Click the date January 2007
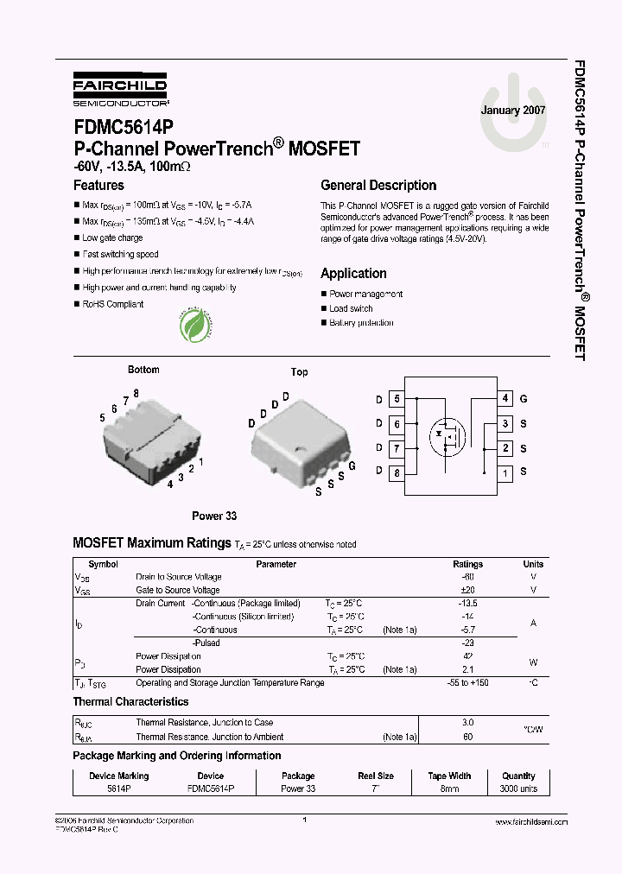tap(513, 111)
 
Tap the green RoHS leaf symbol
tap(197, 326)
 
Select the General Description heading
tap(378, 185)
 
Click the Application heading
tap(353, 273)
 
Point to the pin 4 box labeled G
tap(505, 399)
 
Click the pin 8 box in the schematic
tap(397, 473)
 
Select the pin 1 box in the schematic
tap(505, 473)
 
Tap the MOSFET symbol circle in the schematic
tap(448, 437)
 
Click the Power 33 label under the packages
tap(214, 516)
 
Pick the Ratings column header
tap(468, 564)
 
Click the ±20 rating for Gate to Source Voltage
tap(468, 590)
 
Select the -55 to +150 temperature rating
tap(468, 682)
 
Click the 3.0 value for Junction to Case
tap(468, 722)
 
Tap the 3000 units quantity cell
tap(518, 789)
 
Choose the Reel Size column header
tap(376, 776)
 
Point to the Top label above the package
tap(299, 372)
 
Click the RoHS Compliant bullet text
tap(113, 304)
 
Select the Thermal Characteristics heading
tap(130, 702)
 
